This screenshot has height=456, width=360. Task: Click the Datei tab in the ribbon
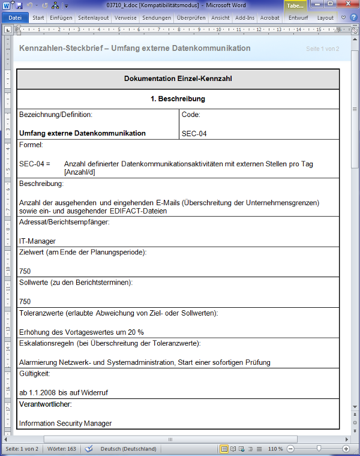pyautogui.click(x=14, y=18)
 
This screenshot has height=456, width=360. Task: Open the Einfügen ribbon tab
pyautogui.click(x=61, y=18)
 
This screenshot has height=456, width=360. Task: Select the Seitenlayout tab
pyautogui.click(x=93, y=18)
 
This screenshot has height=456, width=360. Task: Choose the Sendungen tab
pyautogui.click(x=157, y=18)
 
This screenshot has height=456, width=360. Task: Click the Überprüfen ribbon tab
pyautogui.click(x=191, y=18)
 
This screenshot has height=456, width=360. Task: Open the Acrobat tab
pyautogui.click(x=269, y=18)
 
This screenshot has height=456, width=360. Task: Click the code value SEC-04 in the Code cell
pyautogui.click(x=194, y=133)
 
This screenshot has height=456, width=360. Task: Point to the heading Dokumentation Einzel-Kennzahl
pyautogui.click(x=178, y=79)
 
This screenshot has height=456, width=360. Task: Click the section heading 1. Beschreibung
pyautogui.click(x=178, y=98)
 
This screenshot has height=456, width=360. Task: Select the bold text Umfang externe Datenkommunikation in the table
pyautogui.click(x=82, y=133)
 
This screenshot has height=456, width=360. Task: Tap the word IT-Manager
pyautogui.click(x=37, y=241)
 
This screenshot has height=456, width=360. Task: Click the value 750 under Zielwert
pyautogui.click(x=25, y=271)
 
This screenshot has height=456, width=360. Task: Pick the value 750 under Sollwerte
pyautogui.click(x=25, y=302)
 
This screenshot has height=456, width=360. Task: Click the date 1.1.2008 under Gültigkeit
pyautogui.click(x=43, y=392)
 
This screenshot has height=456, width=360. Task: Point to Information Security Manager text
pyautogui.click(x=65, y=423)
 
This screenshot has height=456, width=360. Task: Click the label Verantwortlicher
pyautogui.click(x=45, y=404)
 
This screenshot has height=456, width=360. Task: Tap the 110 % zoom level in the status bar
pyautogui.click(x=275, y=449)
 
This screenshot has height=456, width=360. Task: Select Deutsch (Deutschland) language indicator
pyautogui.click(x=128, y=449)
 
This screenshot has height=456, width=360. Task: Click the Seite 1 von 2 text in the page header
pyautogui.click(x=322, y=49)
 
